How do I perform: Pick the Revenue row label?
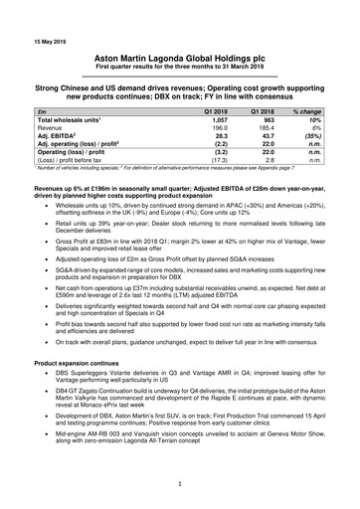click(x=52, y=128)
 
